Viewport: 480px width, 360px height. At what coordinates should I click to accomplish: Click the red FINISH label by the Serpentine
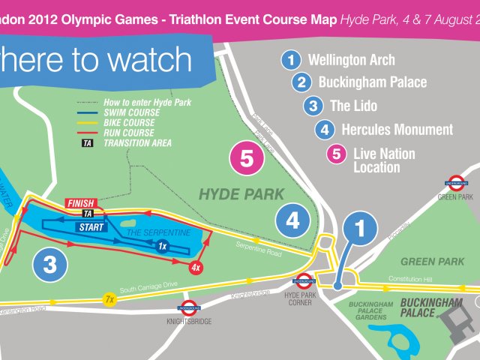click(80, 202)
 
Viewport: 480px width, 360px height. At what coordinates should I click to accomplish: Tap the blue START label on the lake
click(91, 226)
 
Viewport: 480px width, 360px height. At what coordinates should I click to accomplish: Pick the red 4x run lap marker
click(196, 267)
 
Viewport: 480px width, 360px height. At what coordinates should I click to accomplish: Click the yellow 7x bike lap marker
click(109, 299)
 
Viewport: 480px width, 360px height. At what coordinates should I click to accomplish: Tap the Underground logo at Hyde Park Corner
click(304, 282)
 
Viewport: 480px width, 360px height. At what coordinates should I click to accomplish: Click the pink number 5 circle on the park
click(247, 158)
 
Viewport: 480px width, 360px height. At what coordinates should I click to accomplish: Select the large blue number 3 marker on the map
click(50, 264)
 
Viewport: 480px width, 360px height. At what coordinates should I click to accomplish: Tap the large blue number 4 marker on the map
click(292, 220)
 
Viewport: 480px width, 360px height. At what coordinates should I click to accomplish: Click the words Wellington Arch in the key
click(351, 60)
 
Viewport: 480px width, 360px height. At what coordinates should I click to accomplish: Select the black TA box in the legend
click(88, 142)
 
